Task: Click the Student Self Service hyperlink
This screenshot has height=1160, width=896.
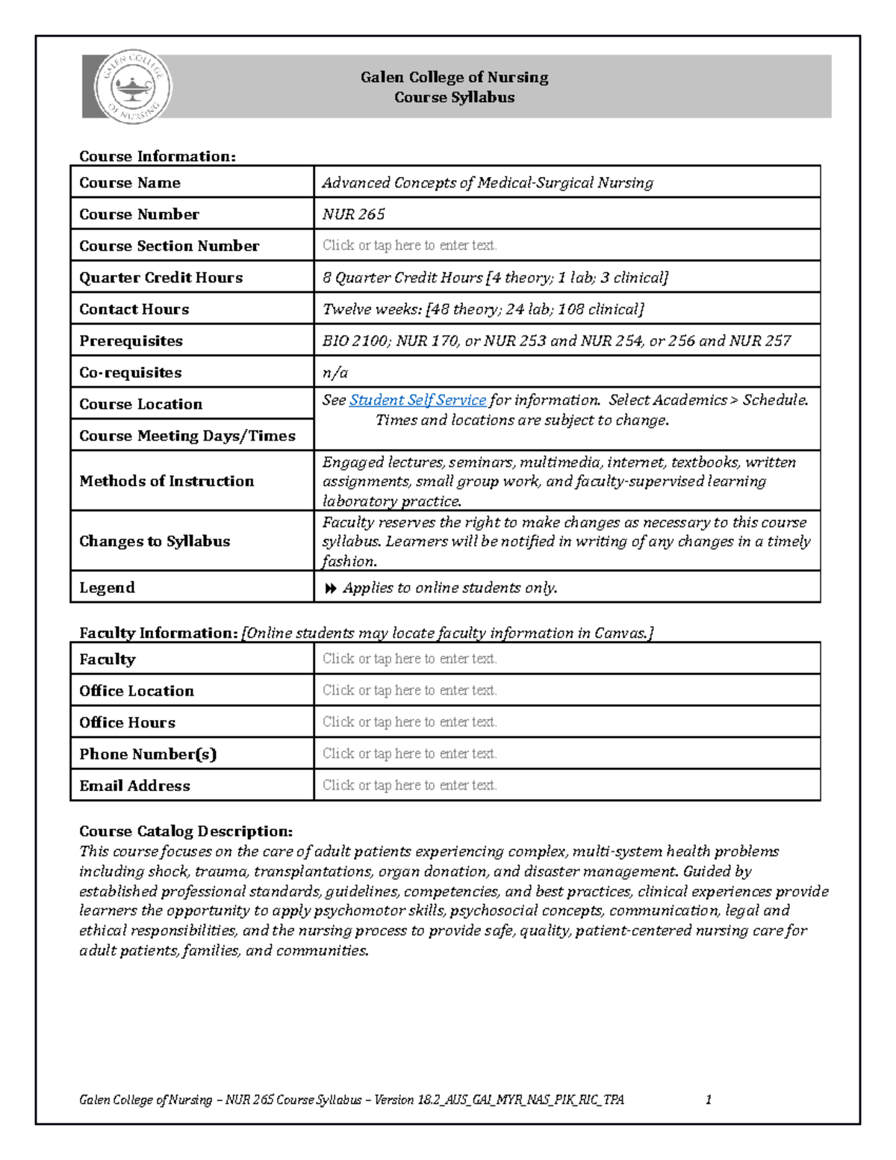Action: [x=417, y=400]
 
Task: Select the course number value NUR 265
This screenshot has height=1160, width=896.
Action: [x=353, y=214]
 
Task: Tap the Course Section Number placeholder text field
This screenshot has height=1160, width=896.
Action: [x=409, y=246]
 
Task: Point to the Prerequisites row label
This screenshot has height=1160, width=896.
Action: [x=131, y=341]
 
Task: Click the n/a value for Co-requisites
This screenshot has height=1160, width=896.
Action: [x=335, y=373]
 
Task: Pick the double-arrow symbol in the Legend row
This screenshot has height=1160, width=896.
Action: [x=330, y=589]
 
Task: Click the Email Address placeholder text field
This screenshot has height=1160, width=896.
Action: [x=409, y=785]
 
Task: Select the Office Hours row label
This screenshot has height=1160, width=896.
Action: [x=127, y=723]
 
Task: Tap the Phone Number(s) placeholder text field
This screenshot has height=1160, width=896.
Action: [x=409, y=754]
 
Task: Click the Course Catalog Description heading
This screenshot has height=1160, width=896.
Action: [x=185, y=831]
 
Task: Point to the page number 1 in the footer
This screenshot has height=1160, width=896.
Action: [x=708, y=1099]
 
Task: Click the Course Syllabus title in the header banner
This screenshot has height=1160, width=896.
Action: [x=454, y=98]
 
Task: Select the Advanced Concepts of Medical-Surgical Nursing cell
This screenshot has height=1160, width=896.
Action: [x=487, y=183]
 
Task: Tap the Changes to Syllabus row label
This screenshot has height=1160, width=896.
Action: [x=155, y=542]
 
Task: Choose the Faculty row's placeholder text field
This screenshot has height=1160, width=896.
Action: [x=409, y=659]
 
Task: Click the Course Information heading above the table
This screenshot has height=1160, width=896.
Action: [x=157, y=156]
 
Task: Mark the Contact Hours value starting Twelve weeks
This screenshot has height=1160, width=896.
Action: [x=482, y=309]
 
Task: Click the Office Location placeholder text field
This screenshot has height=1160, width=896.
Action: [x=409, y=691]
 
